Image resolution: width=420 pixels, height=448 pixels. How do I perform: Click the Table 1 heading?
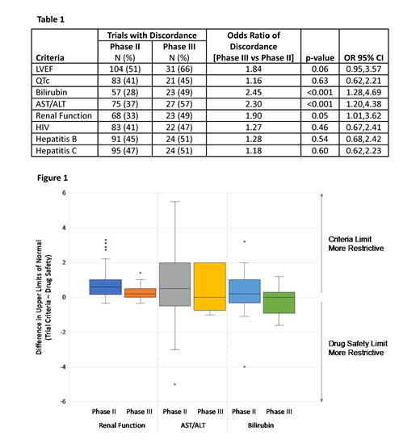(46, 17)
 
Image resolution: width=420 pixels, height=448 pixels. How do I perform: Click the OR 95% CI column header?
(361, 59)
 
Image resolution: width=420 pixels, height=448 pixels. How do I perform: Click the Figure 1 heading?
(48, 176)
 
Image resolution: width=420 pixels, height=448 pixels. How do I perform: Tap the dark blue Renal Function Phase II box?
(106, 287)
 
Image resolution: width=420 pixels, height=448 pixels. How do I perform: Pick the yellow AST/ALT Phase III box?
(209, 286)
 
